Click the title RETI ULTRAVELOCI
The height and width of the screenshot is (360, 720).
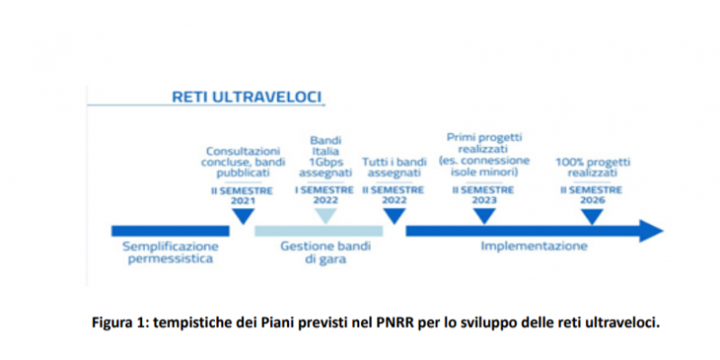click(x=247, y=97)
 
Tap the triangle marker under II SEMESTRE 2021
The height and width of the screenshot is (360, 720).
click(x=243, y=215)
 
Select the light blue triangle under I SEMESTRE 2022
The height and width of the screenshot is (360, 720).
click(x=325, y=215)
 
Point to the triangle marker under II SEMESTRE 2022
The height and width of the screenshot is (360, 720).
click(x=394, y=215)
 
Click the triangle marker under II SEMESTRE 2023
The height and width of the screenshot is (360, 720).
click(x=484, y=215)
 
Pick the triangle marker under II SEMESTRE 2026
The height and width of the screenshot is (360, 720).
click(x=592, y=216)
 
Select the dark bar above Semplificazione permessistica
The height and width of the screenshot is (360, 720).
click(x=170, y=231)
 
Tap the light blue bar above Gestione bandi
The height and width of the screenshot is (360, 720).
click(x=319, y=231)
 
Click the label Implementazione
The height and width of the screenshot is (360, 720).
click(x=534, y=246)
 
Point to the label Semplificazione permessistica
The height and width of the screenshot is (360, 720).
click(x=170, y=253)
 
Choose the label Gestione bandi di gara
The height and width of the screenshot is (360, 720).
click(x=326, y=253)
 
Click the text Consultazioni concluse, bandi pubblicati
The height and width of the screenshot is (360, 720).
click(x=243, y=162)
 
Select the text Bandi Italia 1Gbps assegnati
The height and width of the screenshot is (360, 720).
click(x=326, y=157)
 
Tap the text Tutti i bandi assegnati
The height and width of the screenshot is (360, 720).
click(x=394, y=167)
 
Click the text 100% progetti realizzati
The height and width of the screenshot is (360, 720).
click(x=592, y=167)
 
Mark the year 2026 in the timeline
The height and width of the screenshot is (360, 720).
click(x=592, y=200)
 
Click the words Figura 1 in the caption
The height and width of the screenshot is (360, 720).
click(x=121, y=323)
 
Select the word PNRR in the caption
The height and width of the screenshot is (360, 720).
click(x=402, y=323)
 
